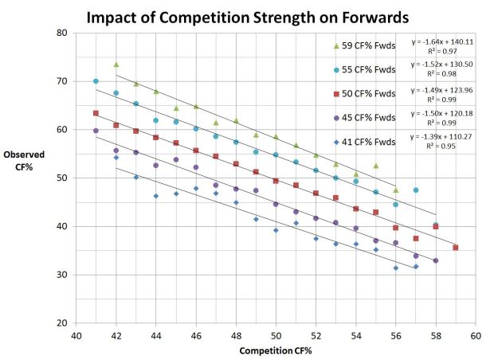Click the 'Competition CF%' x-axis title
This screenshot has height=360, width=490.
click(x=276, y=350)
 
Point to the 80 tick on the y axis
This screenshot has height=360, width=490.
click(x=61, y=33)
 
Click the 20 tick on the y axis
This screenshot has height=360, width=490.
click(x=61, y=323)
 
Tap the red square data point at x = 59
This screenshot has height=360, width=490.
click(x=455, y=248)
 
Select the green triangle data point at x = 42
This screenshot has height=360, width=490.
click(x=116, y=65)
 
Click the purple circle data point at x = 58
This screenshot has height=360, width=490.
click(x=435, y=260)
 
